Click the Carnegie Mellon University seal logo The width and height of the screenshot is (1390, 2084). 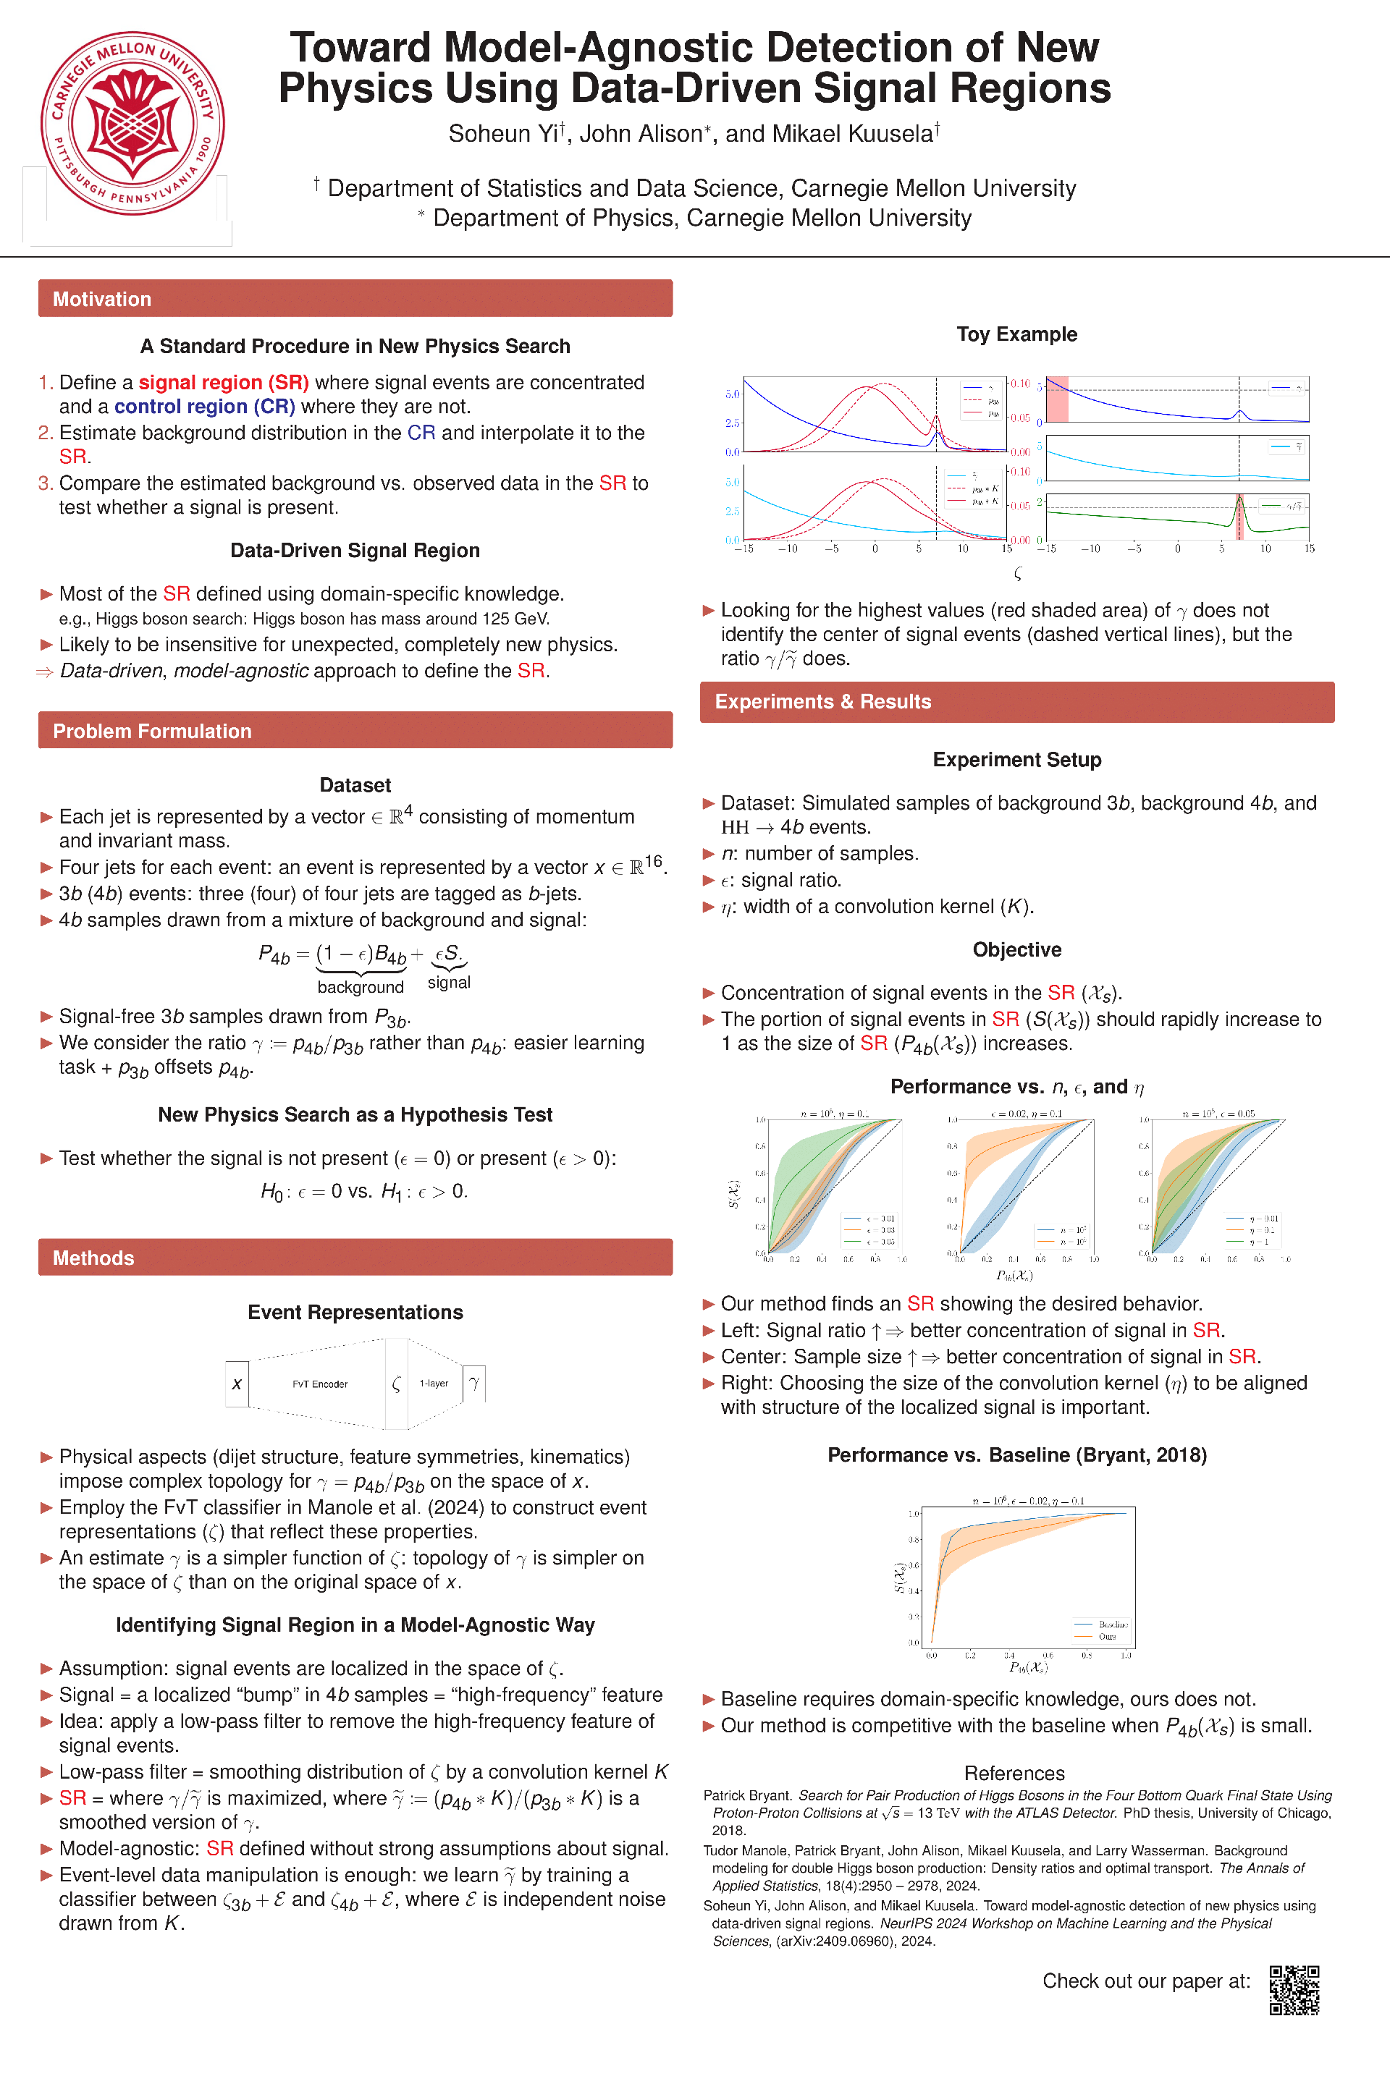pos(133,124)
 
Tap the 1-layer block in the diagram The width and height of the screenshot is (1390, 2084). pos(434,1383)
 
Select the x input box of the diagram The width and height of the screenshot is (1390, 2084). pos(237,1384)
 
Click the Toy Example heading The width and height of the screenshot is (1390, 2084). pos(1016,334)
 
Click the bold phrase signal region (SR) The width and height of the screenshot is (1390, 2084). pos(224,383)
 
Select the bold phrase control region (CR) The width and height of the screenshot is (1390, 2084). pos(205,407)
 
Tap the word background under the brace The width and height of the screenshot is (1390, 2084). pos(360,987)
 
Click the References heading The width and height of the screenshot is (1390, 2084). pos(1014,1773)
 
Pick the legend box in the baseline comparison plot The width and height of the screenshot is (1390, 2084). pos(1100,1630)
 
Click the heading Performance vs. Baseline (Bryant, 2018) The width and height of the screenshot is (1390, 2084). pos(1016,1455)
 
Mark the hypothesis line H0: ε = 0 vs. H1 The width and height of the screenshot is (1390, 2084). pos(363,1192)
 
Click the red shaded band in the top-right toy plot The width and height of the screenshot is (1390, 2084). pos(1057,399)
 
